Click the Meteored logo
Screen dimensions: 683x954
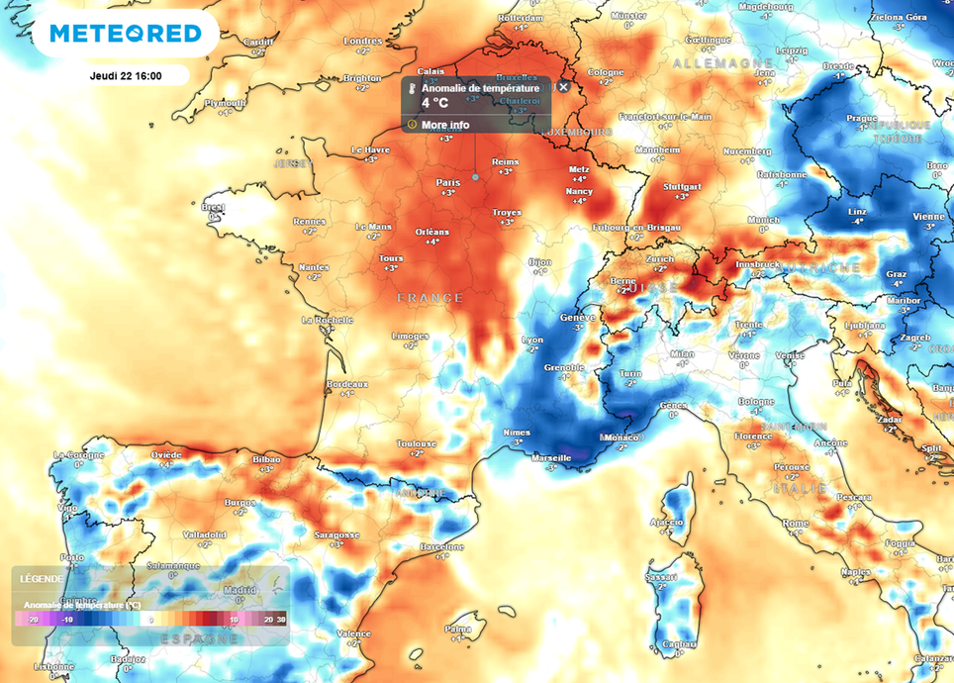(126, 34)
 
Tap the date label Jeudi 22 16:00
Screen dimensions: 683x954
(126, 75)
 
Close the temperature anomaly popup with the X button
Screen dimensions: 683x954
(563, 87)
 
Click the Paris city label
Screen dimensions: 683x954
(447, 182)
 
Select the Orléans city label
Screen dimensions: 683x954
(431, 232)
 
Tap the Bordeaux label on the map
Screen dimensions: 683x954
(347, 383)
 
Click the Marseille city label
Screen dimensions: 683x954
(550, 456)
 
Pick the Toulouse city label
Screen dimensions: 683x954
(417, 443)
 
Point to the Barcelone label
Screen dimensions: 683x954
(441, 546)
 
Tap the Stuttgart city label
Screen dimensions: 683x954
(681, 186)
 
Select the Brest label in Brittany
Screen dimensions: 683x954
(212, 207)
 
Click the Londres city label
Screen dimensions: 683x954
(361, 41)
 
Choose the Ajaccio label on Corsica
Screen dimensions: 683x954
(667, 522)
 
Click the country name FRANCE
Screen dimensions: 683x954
(429, 297)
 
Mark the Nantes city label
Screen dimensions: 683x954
(313, 267)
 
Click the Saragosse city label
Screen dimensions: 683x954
(336, 535)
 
